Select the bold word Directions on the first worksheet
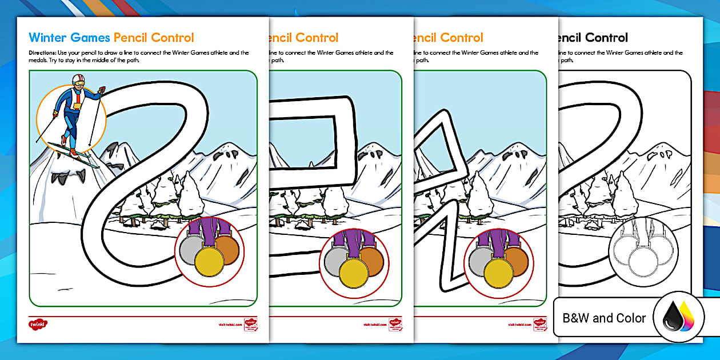41,53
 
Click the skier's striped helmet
78,78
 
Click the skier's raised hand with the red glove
102,90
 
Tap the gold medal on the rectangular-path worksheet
354,273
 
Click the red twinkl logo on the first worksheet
38,324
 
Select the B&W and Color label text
604,318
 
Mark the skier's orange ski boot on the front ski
73,152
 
